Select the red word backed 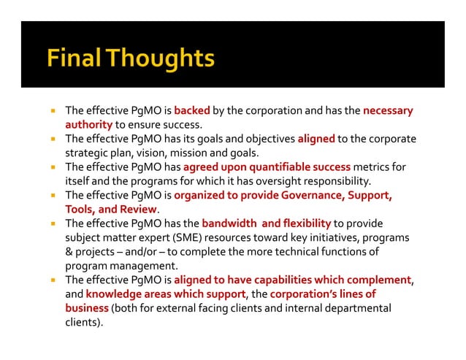pyautogui.click(x=192, y=111)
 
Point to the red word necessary pyautogui.click(x=388, y=111)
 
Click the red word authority pyautogui.click(x=88, y=125)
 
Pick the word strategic pyautogui.click(x=87, y=153)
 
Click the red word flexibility pyautogui.click(x=303, y=223)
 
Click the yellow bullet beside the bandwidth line pyautogui.click(x=53, y=223)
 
